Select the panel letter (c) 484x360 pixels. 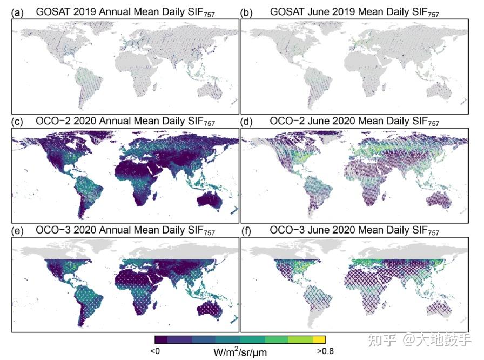click(17, 121)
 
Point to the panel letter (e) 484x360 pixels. click(17, 231)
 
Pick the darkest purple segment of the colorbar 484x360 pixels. click(162, 339)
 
